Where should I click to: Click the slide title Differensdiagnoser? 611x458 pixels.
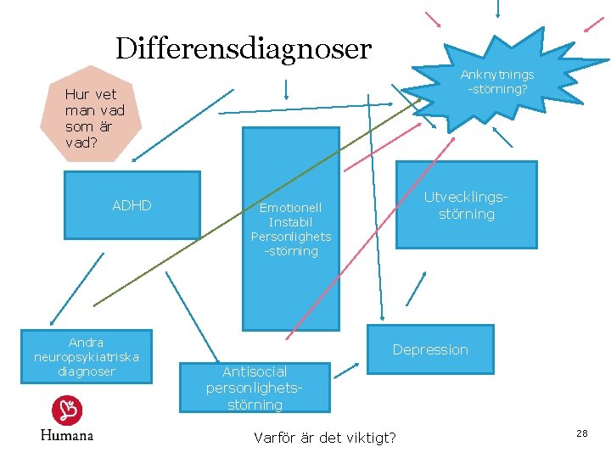pyautogui.click(x=244, y=48)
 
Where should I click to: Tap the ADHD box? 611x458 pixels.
pyautogui.click(x=132, y=205)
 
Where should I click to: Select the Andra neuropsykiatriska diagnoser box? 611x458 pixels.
pyautogui.click(x=86, y=357)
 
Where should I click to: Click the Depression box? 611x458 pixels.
pyautogui.click(x=429, y=349)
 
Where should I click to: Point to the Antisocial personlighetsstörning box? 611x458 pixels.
pyautogui.click(x=255, y=388)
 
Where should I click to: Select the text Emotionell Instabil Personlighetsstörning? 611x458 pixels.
pyautogui.click(x=291, y=229)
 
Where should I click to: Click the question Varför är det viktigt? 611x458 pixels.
pyautogui.click(x=324, y=438)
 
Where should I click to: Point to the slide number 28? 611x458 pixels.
pyautogui.click(x=582, y=433)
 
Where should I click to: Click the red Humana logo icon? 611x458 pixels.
pyautogui.click(x=67, y=411)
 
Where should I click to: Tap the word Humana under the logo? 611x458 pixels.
pyautogui.click(x=67, y=434)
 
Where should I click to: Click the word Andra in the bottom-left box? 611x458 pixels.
pyautogui.click(x=86, y=343)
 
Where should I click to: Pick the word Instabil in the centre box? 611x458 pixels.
pyautogui.click(x=291, y=222)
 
